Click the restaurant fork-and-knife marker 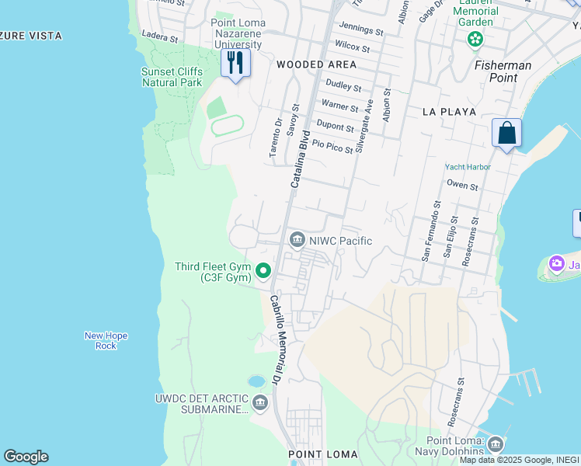point(235,62)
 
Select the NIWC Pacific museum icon point(296,241)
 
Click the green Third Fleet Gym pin point(263,271)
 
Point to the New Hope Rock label point(106,340)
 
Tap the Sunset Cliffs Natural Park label point(172,77)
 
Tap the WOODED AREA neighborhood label point(316,64)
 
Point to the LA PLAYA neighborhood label point(449,112)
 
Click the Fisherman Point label point(503,71)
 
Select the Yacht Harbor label point(468,167)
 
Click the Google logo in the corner point(26,457)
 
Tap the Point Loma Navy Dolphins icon point(495,445)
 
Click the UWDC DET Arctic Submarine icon point(259,402)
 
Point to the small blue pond point(256,381)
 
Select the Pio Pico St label point(332,144)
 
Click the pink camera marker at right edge point(556,264)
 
